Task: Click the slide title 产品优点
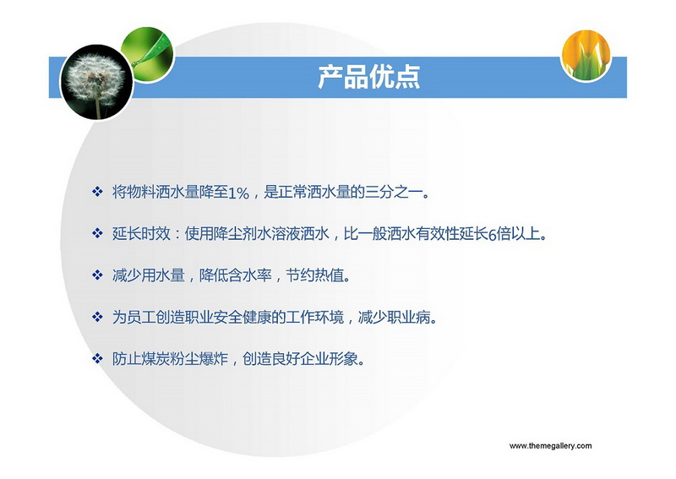[x=369, y=77]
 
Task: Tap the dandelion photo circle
[x=96, y=82]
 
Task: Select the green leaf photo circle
[x=147, y=54]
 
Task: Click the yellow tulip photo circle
[x=586, y=55]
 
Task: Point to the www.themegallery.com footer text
[x=551, y=446]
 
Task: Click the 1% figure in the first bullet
[x=238, y=193]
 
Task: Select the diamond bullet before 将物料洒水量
[x=97, y=192]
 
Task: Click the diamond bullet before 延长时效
[x=97, y=233]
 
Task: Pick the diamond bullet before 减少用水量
[x=97, y=275]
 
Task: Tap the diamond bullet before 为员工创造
[x=97, y=317]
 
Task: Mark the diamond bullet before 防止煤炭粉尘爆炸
[x=97, y=358]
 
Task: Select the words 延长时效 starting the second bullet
[x=141, y=234]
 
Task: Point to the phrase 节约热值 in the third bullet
[x=314, y=275]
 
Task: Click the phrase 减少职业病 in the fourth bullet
[x=394, y=318]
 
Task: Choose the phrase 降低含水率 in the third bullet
[x=236, y=275]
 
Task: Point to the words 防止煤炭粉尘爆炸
[x=170, y=359]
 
